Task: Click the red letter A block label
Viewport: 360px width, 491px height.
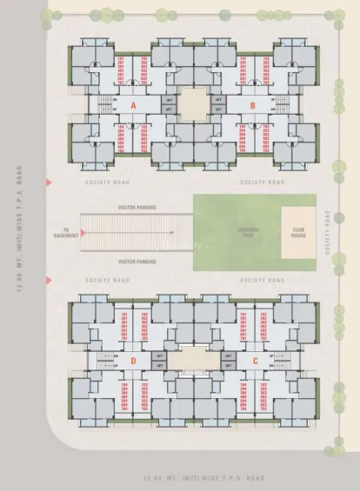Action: [133, 104]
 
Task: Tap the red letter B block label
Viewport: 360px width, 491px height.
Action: [252, 104]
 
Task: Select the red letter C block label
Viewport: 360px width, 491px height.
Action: [255, 360]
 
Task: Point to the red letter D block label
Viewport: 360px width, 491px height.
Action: [133, 360]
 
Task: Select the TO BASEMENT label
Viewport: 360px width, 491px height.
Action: [67, 232]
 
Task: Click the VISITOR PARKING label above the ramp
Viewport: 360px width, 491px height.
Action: [137, 209]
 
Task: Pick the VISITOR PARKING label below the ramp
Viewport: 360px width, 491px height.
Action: [137, 261]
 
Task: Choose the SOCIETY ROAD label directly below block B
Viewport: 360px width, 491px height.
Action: [262, 182]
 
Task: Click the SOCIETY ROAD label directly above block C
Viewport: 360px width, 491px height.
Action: [262, 281]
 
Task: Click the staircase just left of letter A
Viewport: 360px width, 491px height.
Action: [107, 104]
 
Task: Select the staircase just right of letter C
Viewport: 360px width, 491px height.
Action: [280, 360]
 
